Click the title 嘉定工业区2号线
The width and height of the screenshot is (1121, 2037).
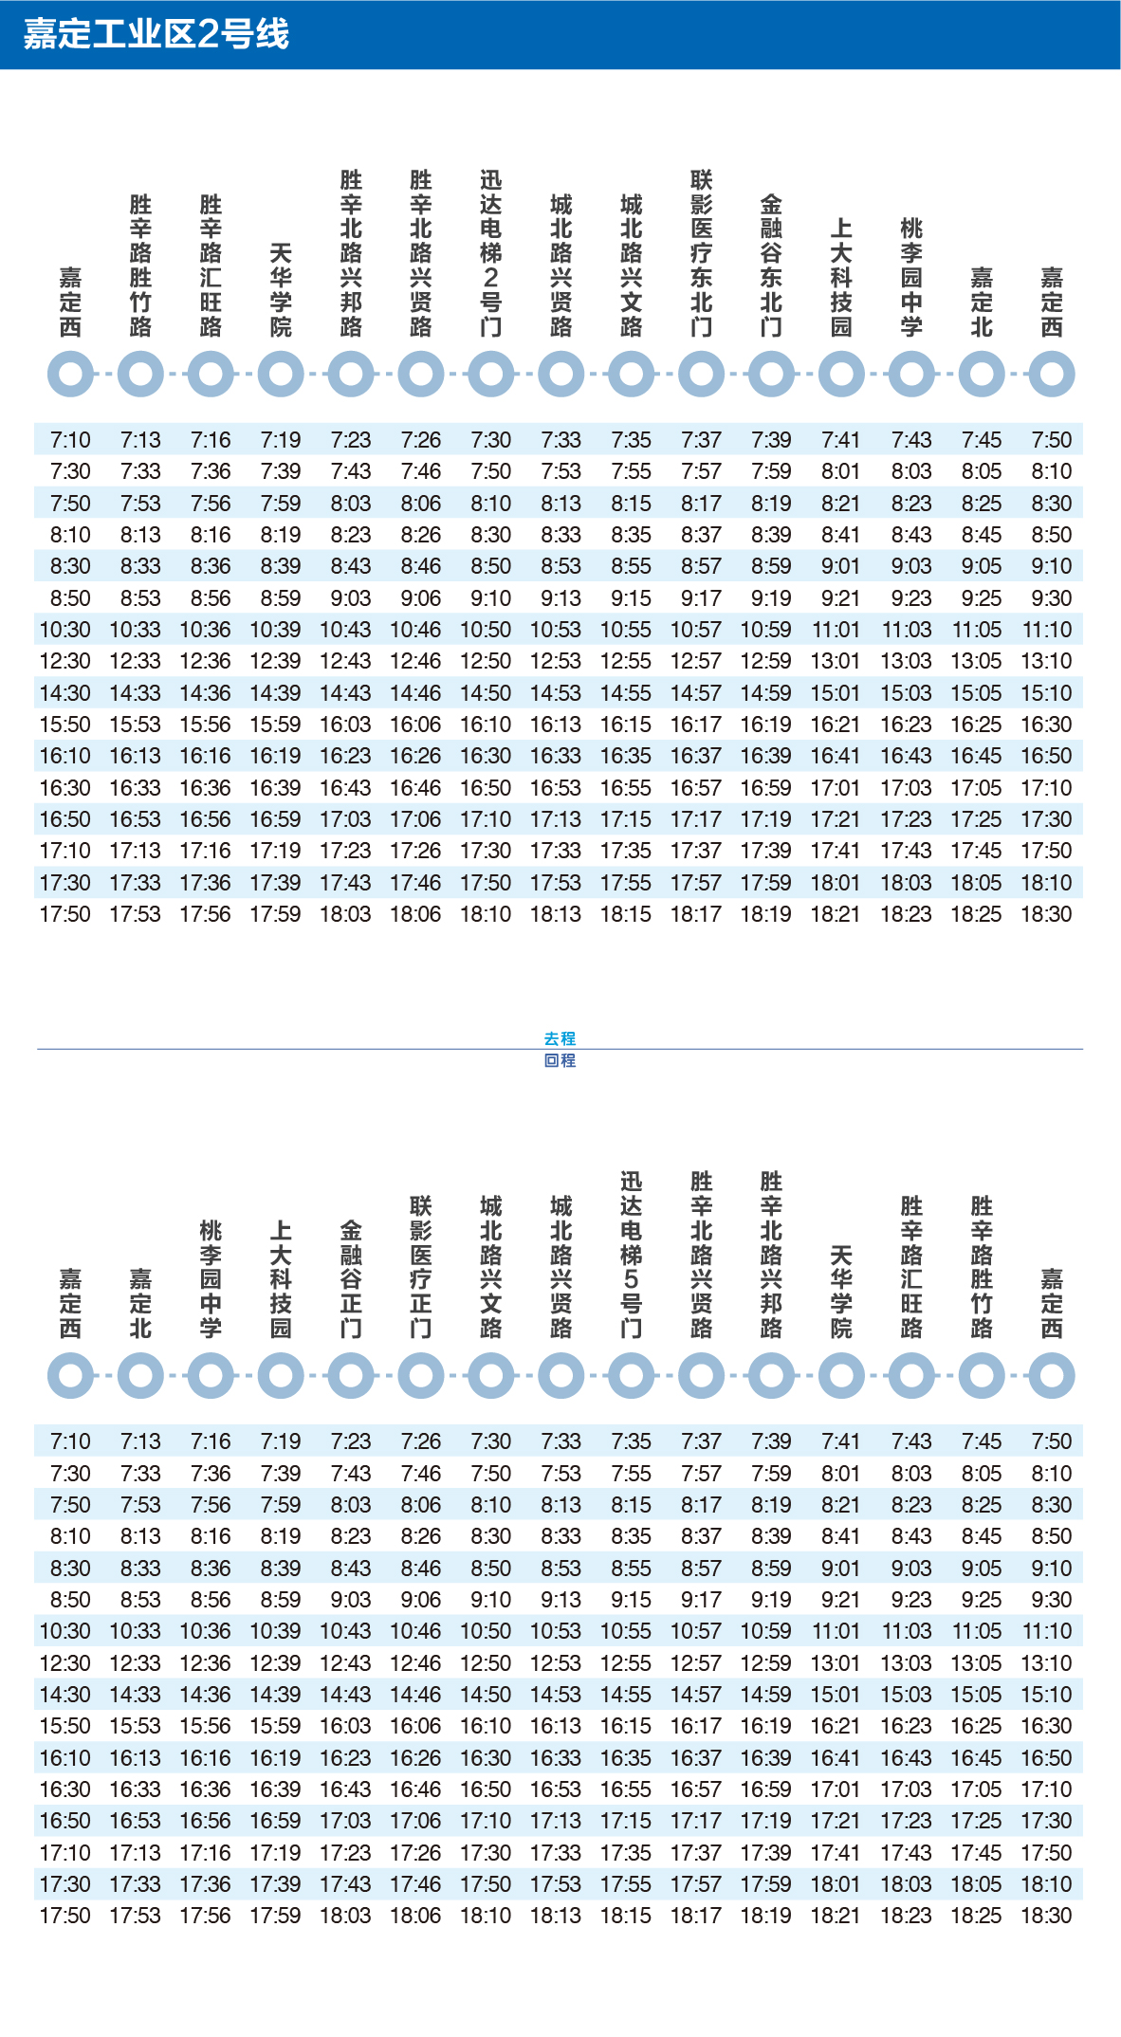point(156,34)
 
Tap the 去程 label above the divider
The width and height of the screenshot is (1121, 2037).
point(560,1038)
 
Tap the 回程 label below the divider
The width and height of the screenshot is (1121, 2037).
point(560,1060)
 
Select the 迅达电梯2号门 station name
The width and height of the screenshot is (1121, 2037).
point(491,253)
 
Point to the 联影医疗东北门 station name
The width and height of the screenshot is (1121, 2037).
point(701,253)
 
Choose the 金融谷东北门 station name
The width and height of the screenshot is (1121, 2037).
point(771,266)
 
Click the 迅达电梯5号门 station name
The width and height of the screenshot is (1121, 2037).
point(631,1255)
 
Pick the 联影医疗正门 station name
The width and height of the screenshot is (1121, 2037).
point(421,1266)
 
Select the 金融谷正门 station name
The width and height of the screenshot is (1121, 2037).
point(351,1278)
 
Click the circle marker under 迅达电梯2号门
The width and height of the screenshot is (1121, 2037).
point(491,375)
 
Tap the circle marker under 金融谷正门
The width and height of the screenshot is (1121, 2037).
point(351,1376)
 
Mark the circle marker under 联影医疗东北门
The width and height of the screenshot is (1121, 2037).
point(701,375)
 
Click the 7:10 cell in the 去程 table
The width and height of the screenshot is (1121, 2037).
point(70,440)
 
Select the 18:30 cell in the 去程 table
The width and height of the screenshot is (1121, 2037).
point(1046,914)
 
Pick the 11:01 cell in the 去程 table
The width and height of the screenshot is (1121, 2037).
point(836,630)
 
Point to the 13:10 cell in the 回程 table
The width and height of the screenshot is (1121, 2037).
point(1046,1662)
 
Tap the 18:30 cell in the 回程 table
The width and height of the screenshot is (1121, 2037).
point(1046,1916)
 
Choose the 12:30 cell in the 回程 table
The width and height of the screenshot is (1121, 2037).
point(65,1662)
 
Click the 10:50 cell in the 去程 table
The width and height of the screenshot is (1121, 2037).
point(486,630)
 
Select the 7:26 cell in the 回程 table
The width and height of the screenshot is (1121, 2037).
point(421,1441)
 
